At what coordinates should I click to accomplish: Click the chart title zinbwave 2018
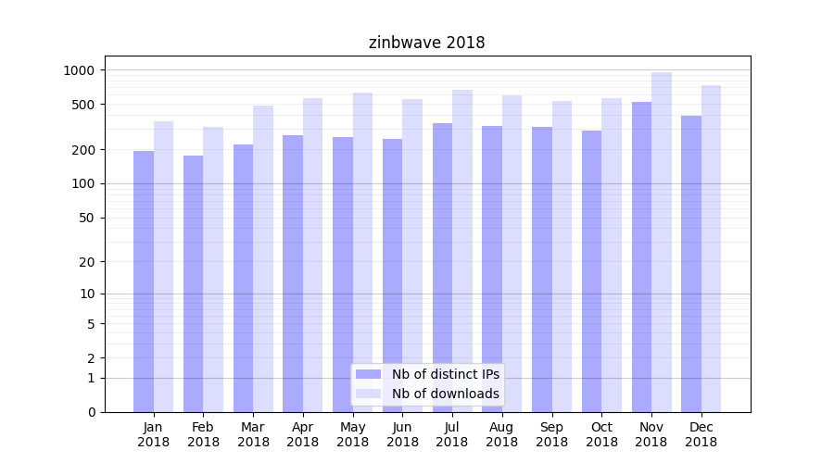[x=426, y=43]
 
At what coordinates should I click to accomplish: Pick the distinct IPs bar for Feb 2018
[x=193, y=283]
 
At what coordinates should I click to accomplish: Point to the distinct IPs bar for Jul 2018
[x=442, y=268]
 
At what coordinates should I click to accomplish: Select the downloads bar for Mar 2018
[x=263, y=259]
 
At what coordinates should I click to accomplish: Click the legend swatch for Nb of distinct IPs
[x=368, y=374]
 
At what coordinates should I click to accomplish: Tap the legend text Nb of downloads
[x=446, y=394]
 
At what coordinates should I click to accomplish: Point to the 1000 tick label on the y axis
[x=79, y=70]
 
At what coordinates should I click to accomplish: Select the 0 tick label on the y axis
[x=90, y=412]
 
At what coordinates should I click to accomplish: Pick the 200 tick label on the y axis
[x=82, y=150]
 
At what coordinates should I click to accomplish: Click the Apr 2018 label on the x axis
[x=303, y=434]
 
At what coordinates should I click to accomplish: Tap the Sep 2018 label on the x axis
[x=551, y=434]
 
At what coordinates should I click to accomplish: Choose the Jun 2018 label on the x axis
[x=402, y=434]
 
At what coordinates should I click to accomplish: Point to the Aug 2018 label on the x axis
[x=501, y=434]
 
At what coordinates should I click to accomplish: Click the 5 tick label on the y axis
[x=90, y=324]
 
